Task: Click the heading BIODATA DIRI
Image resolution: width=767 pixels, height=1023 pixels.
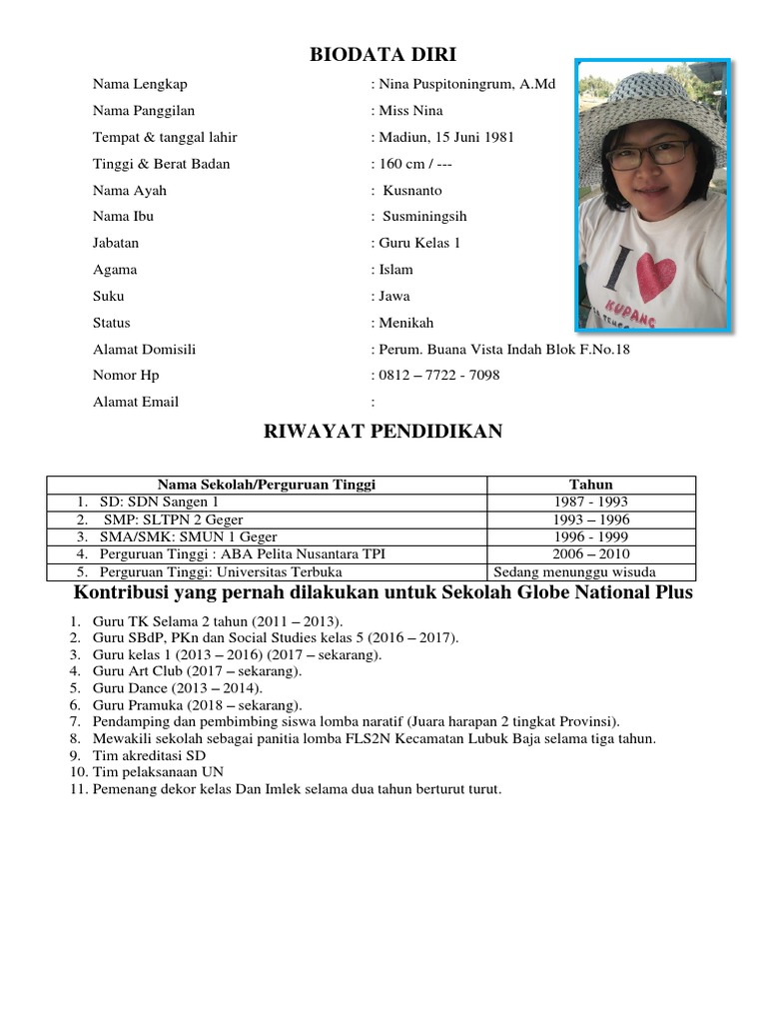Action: point(383,54)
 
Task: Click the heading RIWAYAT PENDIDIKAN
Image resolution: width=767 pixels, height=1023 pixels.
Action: point(383,432)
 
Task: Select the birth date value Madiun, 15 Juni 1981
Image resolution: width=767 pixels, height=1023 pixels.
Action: point(445,138)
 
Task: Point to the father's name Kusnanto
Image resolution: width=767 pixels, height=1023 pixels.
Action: point(412,191)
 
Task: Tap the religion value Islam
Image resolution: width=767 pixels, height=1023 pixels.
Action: point(394,270)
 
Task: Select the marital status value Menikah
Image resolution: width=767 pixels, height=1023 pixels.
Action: point(405,323)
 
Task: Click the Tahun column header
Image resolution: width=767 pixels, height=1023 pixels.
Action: point(590,485)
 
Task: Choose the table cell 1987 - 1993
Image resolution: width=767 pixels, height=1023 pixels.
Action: point(590,503)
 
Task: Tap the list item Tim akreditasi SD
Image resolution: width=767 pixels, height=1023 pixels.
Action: point(149,756)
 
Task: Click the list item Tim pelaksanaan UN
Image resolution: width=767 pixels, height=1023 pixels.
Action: point(158,772)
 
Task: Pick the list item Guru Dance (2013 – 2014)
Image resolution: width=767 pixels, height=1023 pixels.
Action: point(178,689)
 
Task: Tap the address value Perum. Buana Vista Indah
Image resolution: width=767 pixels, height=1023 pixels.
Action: point(503,350)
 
